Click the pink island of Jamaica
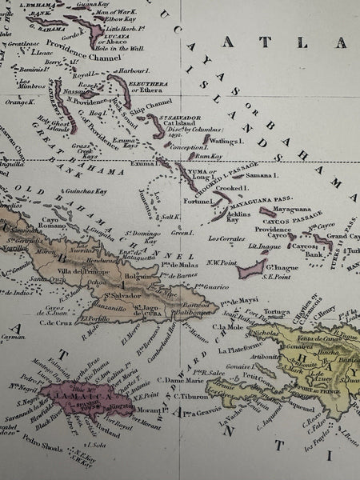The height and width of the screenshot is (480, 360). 76,395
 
